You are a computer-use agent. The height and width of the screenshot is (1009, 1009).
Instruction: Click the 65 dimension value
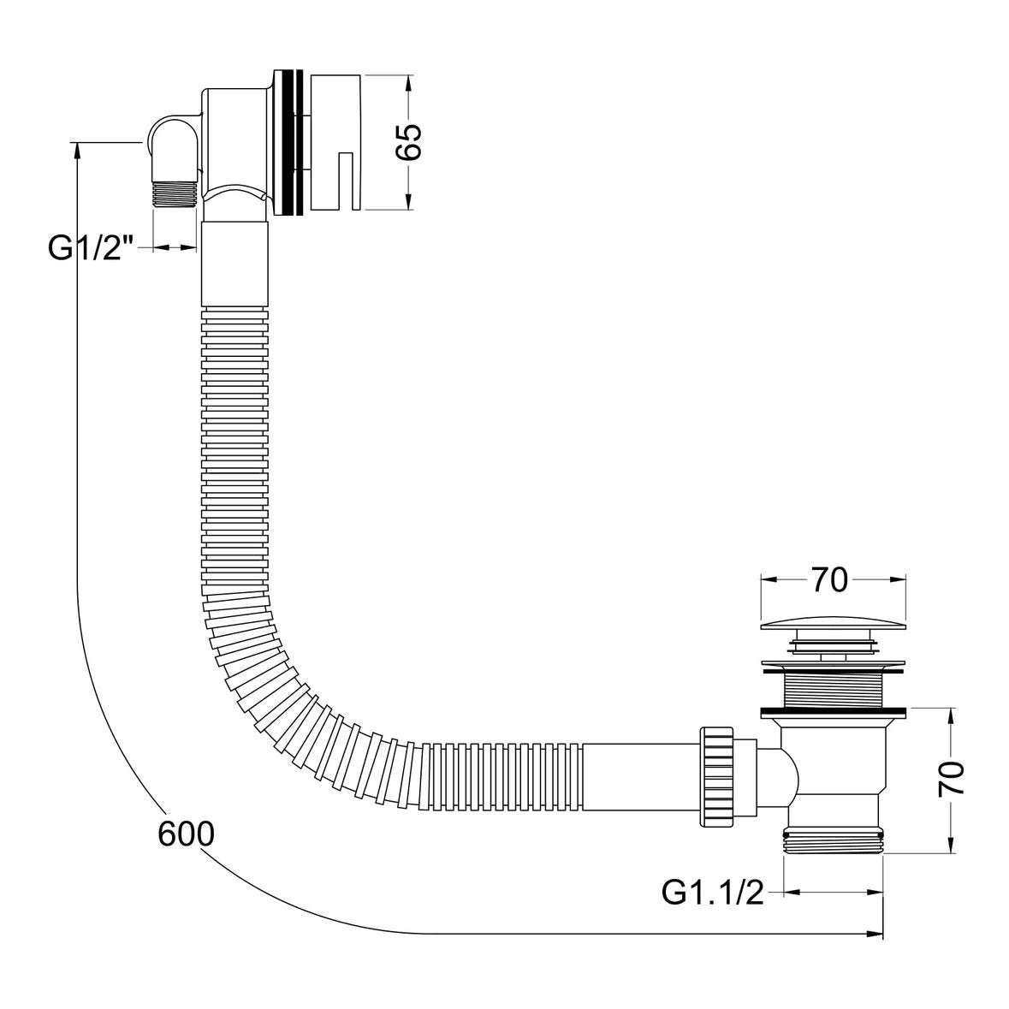tap(409, 142)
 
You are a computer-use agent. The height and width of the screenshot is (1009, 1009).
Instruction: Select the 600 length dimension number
tap(185, 834)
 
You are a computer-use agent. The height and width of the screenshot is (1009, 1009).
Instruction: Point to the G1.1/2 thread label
tap(712, 893)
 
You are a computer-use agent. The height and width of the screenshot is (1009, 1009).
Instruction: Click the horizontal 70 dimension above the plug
tap(829, 580)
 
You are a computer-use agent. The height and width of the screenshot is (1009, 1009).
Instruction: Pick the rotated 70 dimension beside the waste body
tap(952, 778)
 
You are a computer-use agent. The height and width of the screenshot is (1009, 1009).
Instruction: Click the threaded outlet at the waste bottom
tap(833, 840)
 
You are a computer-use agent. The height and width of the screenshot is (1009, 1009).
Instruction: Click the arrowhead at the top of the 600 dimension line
tap(78, 149)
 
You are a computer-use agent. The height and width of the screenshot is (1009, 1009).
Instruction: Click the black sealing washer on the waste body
tap(833, 710)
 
